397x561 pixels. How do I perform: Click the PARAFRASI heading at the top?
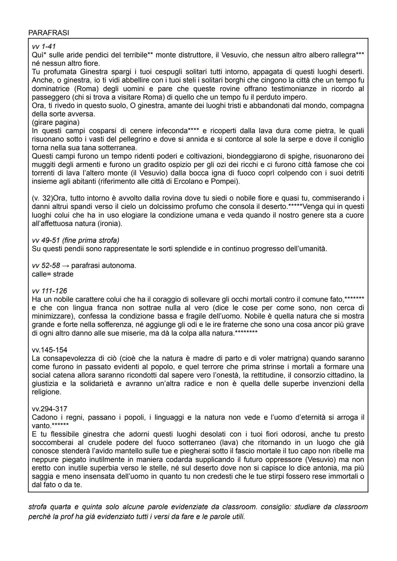(49, 33)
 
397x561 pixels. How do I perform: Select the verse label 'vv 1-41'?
(43, 47)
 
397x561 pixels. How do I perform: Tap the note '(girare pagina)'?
(56, 122)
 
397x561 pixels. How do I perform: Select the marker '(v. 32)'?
(42, 198)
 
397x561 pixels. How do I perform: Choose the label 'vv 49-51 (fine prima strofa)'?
(75, 240)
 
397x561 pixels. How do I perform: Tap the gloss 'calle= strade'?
(53, 274)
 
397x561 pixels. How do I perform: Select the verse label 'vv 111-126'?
(49, 291)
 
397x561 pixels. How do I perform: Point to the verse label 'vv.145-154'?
(50, 350)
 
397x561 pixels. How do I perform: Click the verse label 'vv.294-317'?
(50, 409)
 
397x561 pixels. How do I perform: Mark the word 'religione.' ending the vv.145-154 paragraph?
(46, 392)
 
